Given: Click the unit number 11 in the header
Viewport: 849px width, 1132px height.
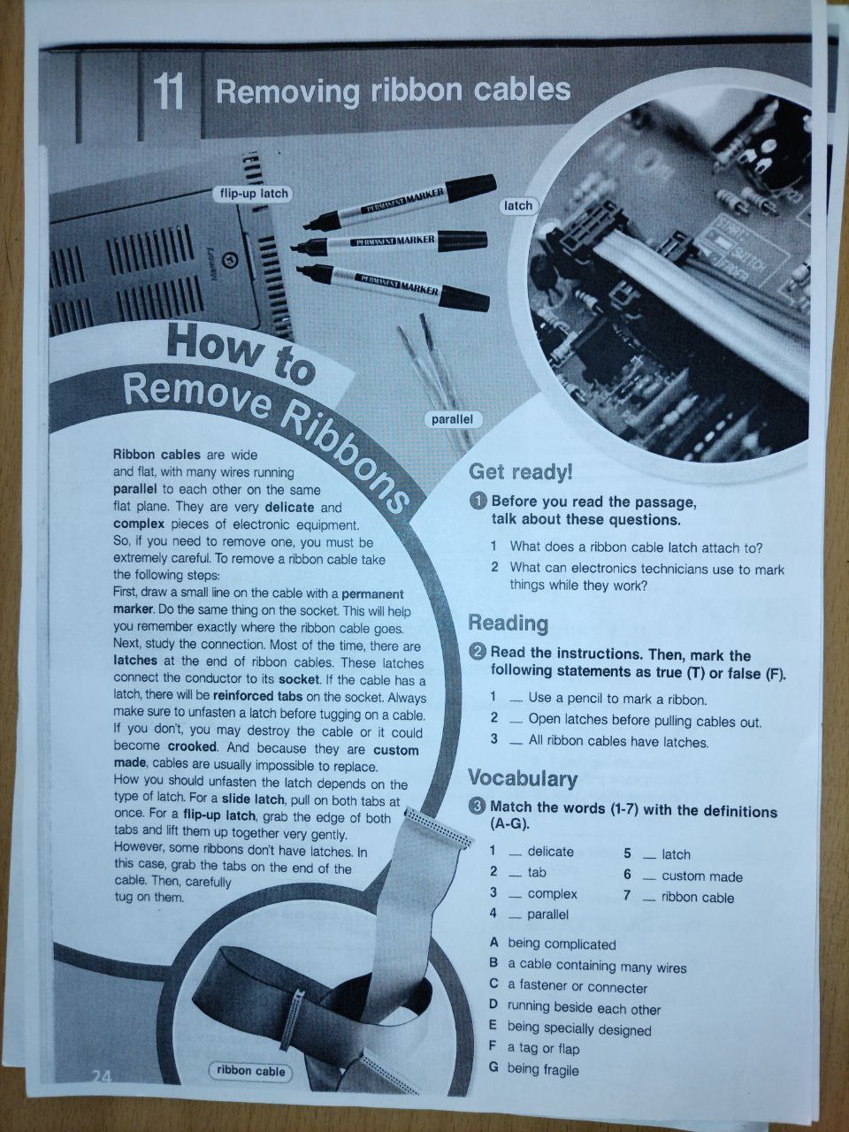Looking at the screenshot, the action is click(x=169, y=92).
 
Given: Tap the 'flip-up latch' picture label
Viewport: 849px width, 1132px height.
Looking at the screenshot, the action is click(x=254, y=194).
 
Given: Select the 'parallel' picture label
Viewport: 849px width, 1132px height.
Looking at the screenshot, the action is click(x=452, y=419).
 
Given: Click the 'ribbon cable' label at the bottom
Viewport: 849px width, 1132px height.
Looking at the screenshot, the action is click(x=250, y=1071).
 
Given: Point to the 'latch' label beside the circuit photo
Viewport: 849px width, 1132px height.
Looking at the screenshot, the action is click(x=517, y=206).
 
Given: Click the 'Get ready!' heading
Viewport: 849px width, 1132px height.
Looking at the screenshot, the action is click(x=521, y=472).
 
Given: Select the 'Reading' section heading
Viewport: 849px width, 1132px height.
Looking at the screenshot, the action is click(x=509, y=623).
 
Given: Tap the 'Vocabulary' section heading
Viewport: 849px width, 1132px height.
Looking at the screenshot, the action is click(x=522, y=778).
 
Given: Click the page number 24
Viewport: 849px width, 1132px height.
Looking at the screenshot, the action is click(x=102, y=1075).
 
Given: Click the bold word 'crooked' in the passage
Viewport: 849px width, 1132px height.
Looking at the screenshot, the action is click(x=192, y=746).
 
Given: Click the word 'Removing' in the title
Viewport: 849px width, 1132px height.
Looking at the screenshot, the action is click(x=287, y=92).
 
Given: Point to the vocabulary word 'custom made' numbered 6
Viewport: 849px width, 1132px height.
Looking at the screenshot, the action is click(x=702, y=876).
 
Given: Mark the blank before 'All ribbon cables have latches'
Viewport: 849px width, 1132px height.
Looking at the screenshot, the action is click(x=516, y=744).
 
